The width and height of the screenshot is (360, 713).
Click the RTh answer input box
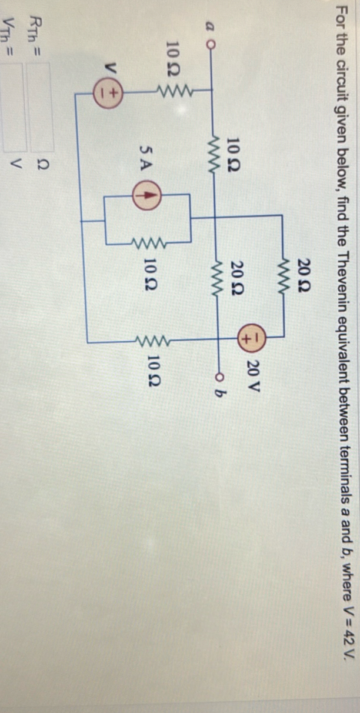click(x=41, y=107)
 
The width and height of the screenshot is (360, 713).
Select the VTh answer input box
click(x=14, y=107)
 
